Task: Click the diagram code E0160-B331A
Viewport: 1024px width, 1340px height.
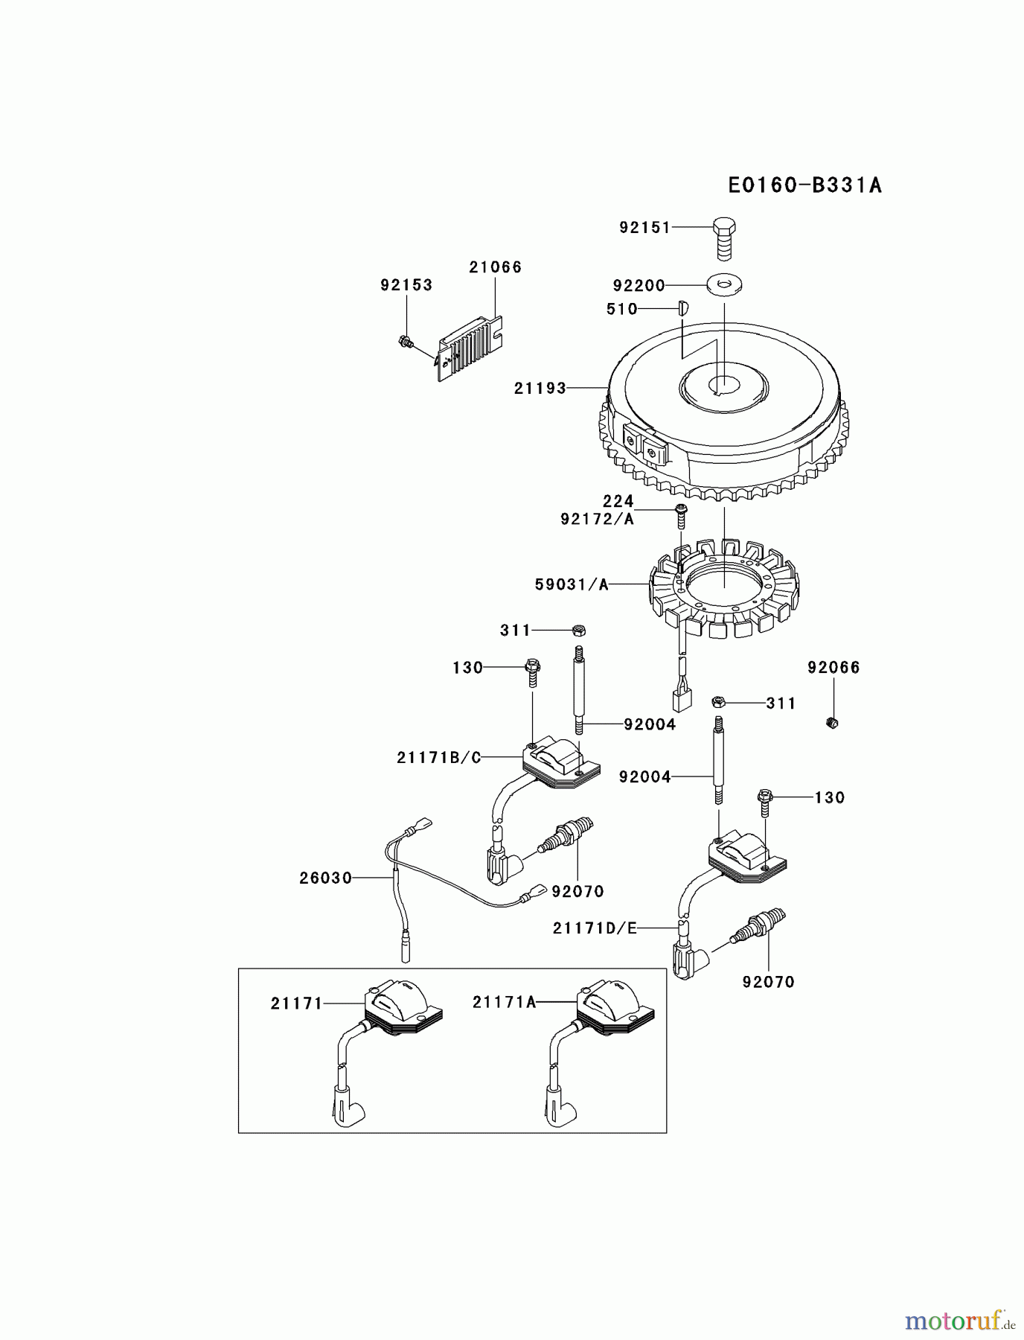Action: tap(804, 185)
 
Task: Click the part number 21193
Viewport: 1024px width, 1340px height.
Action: tap(540, 388)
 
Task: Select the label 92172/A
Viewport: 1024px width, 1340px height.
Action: tap(598, 519)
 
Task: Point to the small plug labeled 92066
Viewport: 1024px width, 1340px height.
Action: tap(833, 721)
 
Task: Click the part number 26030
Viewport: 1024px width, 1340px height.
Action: tap(325, 878)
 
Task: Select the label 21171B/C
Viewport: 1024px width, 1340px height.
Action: tap(439, 758)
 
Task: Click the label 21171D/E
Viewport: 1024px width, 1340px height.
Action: tap(595, 928)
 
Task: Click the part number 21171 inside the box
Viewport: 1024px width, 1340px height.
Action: tap(296, 1004)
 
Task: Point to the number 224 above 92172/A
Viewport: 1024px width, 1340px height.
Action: tap(618, 501)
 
